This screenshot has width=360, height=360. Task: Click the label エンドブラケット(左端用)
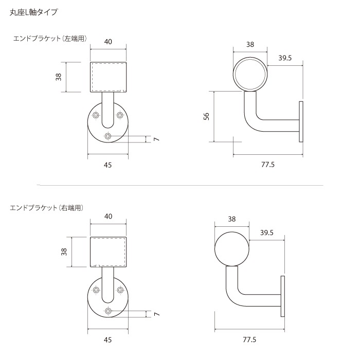(49, 39)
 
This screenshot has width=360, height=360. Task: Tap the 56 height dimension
(207, 116)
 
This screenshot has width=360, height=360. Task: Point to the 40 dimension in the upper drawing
(109, 42)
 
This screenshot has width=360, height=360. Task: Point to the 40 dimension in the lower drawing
(109, 216)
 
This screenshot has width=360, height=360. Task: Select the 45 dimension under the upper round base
(108, 165)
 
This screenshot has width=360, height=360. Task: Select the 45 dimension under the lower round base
(108, 339)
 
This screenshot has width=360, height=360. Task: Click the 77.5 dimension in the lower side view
(249, 339)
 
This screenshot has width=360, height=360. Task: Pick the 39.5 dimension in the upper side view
(285, 58)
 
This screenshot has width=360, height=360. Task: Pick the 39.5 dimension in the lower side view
(266, 233)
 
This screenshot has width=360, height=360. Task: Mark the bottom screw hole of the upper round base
(108, 136)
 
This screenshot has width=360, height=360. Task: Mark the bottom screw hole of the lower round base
(108, 310)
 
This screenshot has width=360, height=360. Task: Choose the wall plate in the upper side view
(301, 121)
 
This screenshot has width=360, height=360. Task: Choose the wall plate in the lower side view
(282, 296)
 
